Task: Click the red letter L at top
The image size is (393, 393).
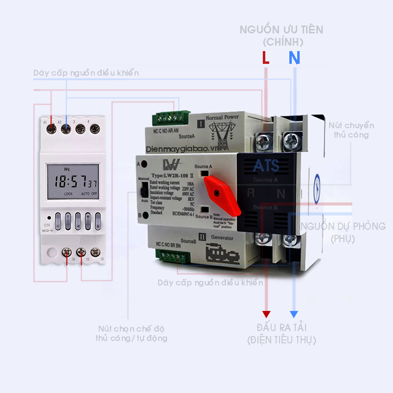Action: pos(266,58)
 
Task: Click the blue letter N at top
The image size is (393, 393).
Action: pos(294,58)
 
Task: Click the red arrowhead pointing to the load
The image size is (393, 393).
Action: pos(266,314)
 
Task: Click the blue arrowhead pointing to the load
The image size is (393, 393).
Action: pos(294,314)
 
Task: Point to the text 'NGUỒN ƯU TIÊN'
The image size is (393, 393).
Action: pos(281,29)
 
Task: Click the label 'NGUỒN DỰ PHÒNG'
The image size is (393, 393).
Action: pos(343,226)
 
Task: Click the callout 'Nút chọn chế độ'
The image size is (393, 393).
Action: pos(131,328)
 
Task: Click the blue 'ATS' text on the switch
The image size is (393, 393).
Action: pos(266,166)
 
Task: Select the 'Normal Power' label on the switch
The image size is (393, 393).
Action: pos(222,117)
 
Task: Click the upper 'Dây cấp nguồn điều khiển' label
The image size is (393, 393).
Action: pos(86,73)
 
